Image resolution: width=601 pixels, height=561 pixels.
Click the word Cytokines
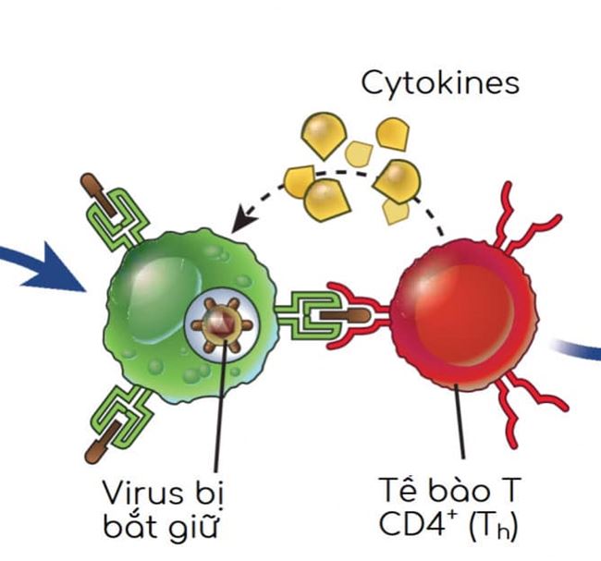[439, 83]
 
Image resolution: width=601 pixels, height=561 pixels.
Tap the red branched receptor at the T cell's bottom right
[531, 407]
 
